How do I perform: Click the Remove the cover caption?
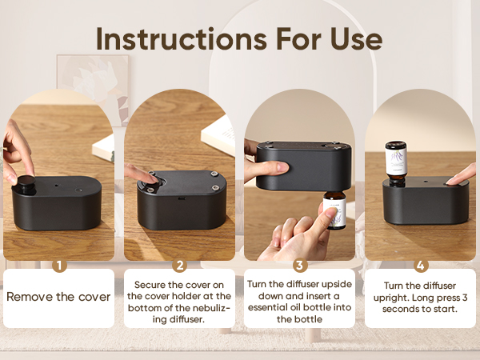[x=58, y=297]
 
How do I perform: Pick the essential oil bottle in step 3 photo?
[x=334, y=210]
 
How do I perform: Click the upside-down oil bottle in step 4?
[x=396, y=158]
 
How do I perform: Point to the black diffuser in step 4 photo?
[x=424, y=204]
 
